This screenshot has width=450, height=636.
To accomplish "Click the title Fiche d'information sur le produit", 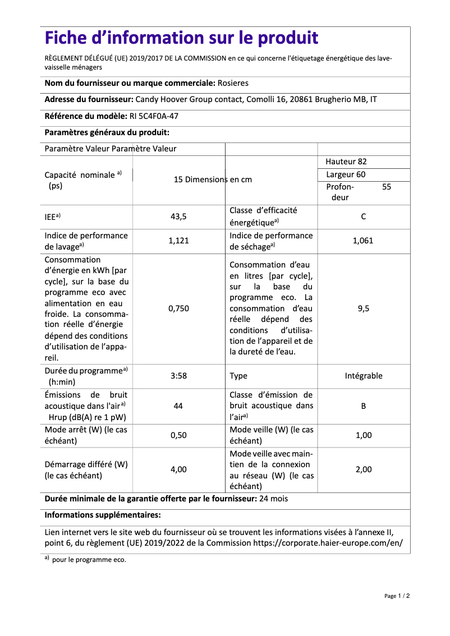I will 181,38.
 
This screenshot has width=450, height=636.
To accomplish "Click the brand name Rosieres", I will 233,83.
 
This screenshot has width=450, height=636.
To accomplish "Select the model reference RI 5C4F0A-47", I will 150,117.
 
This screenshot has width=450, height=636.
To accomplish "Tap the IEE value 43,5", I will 178,216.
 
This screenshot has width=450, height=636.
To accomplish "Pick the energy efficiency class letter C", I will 364,216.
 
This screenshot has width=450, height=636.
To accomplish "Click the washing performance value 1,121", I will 178,241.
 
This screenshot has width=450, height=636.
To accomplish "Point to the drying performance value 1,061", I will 363,241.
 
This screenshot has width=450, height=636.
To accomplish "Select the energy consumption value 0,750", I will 178,308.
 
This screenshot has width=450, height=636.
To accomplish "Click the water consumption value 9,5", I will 364,308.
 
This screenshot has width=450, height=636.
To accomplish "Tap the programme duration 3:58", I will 178,376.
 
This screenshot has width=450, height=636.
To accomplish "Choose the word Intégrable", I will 364,376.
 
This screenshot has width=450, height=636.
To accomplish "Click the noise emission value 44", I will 178,405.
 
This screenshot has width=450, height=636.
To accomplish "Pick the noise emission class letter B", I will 364,405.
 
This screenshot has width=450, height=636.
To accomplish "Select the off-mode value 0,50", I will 178,435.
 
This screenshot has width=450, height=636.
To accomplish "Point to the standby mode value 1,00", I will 364,435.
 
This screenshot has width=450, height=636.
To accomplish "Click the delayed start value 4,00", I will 178,469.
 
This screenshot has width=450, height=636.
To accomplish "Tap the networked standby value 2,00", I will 364,469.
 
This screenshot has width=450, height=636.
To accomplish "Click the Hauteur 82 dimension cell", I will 346,162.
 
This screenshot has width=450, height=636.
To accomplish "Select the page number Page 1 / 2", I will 397,596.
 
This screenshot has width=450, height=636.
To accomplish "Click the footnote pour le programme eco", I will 89,560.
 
